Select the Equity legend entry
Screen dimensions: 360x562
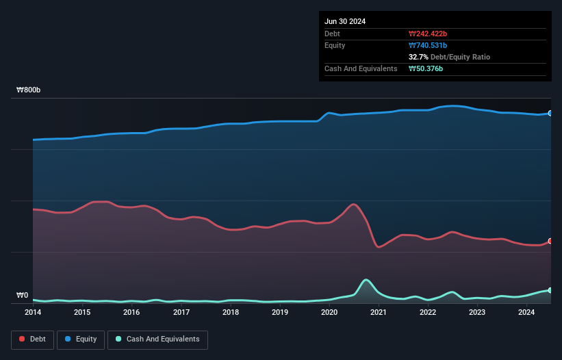tap(81, 339)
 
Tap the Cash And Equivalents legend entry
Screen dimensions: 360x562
tap(157, 339)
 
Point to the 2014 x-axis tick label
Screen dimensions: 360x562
tap(33, 313)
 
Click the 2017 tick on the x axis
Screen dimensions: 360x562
tap(181, 313)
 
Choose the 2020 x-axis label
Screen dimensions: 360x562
tap(329, 313)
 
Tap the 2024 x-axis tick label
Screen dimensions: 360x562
tap(526, 313)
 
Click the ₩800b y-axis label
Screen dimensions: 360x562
tap(29, 90)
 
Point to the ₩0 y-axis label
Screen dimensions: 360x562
tap(23, 296)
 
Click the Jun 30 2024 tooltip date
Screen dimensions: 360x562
tap(345, 21)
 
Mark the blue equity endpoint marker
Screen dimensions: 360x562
tap(550, 114)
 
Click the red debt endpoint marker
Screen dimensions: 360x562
tap(550, 241)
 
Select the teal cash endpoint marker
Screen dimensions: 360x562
tap(550, 290)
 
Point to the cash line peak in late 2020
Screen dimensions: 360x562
tap(366, 279)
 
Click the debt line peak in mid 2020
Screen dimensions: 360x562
tap(353, 204)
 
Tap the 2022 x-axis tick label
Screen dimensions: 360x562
tap(428, 313)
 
